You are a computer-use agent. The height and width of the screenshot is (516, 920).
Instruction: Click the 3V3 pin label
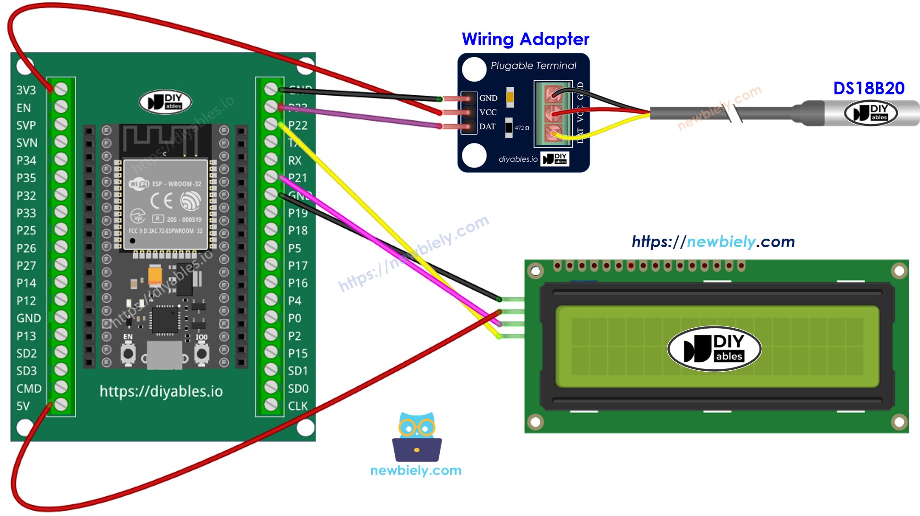click(26, 90)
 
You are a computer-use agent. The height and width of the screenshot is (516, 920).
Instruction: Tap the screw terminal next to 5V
click(61, 405)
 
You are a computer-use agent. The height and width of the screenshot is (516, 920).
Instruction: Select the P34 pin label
click(26, 160)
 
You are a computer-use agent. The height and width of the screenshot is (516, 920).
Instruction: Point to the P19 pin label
click(298, 213)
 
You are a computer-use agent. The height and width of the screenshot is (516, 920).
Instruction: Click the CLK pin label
click(298, 406)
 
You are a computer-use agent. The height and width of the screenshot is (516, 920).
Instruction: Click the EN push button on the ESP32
click(128, 353)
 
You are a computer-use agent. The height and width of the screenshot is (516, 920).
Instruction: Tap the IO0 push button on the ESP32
click(202, 353)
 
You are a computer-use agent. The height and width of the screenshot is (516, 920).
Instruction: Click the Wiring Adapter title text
click(525, 39)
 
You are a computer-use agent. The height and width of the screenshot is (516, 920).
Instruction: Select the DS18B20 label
click(869, 88)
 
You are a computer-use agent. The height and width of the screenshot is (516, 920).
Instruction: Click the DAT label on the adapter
click(487, 126)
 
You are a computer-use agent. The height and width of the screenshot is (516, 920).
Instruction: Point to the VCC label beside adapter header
click(488, 112)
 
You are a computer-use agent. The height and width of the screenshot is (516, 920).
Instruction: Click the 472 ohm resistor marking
click(521, 128)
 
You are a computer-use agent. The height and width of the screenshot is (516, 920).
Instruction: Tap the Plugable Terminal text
click(533, 66)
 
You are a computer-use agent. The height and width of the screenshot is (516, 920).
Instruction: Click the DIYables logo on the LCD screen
click(714, 349)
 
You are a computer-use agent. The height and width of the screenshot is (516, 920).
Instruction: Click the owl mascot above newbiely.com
click(417, 437)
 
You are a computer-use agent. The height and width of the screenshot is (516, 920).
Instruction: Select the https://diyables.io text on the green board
click(161, 391)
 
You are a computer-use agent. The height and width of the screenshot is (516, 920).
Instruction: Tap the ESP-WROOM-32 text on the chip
click(176, 184)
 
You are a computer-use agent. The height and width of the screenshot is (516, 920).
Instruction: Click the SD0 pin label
click(298, 389)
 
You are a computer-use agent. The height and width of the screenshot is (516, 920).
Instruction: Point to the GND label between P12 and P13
click(28, 318)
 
